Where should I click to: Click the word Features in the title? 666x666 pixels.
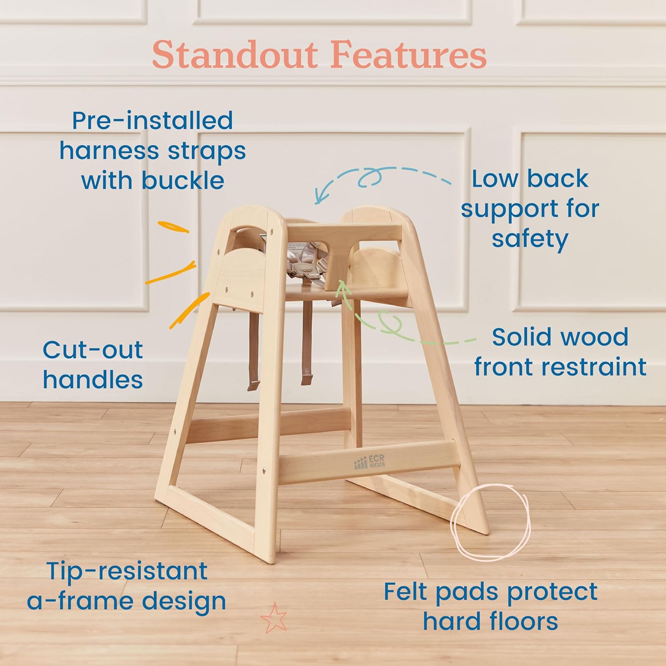pos(408,55)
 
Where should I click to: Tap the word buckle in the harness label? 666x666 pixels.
pos(183,181)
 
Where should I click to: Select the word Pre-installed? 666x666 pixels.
pos(152,121)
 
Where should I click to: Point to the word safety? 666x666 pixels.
pos(530,239)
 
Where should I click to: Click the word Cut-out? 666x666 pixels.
pos(93,350)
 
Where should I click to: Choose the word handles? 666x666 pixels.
pos(93,380)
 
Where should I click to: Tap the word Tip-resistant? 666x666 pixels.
pos(127,571)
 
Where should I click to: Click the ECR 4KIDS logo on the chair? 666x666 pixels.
pos(369,463)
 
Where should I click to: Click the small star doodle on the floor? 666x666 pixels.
pos(274,618)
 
